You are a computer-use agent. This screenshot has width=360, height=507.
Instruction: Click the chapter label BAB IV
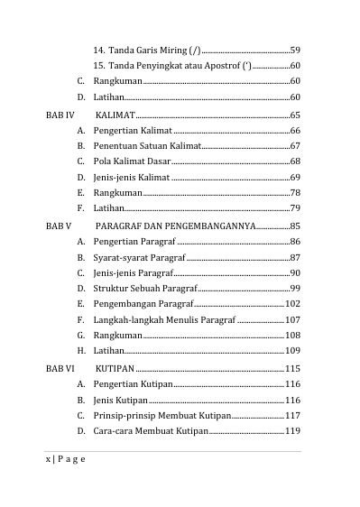coord(60,116)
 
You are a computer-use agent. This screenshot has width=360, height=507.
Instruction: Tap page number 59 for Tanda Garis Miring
coord(295,49)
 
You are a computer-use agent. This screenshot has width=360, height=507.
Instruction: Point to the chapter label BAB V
coord(59,226)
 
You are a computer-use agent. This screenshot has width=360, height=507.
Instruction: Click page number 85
coord(295,226)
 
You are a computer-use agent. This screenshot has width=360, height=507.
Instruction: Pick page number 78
coord(295,193)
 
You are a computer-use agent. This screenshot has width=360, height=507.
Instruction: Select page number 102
coord(292,303)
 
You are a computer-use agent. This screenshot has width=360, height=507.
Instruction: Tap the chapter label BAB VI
coord(60,369)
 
